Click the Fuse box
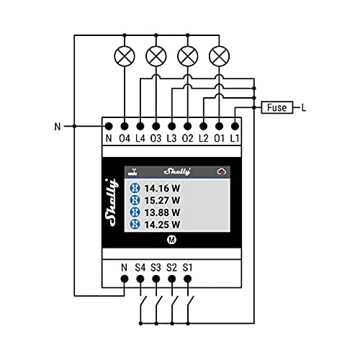[276, 108]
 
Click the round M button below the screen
[172, 239]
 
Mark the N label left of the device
[58, 127]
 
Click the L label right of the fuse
[304, 108]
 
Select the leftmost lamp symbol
[124, 55]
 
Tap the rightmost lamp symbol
[220, 55]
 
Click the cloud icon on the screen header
[222, 171]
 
